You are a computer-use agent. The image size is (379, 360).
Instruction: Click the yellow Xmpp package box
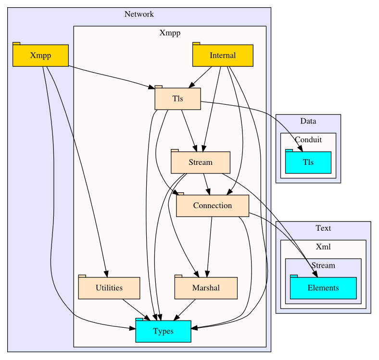click(x=40, y=55)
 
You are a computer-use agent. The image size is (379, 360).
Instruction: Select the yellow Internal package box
click(x=223, y=55)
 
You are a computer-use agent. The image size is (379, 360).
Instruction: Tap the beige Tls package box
click(x=177, y=99)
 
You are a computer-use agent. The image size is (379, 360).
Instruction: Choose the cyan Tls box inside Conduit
click(x=308, y=162)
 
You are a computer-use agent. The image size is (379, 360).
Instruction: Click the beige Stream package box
click(x=201, y=162)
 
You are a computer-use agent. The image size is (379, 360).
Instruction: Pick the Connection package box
click(x=212, y=206)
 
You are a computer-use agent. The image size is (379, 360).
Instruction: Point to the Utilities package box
click(x=109, y=288)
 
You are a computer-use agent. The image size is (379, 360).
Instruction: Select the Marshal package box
click(x=206, y=288)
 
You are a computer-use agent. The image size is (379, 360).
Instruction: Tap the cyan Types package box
click(x=163, y=331)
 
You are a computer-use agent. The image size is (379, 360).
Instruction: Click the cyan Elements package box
click(x=323, y=288)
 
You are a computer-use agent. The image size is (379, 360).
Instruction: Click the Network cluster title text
click(x=139, y=14)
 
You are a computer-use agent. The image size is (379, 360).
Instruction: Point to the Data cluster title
click(x=308, y=121)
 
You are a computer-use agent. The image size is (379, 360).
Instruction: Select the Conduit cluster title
click(x=308, y=140)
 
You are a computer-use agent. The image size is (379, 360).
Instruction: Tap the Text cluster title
click(x=323, y=228)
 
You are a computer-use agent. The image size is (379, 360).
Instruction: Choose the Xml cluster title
click(x=323, y=247)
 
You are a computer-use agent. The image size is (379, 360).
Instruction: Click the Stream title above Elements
click(x=323, y=265)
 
